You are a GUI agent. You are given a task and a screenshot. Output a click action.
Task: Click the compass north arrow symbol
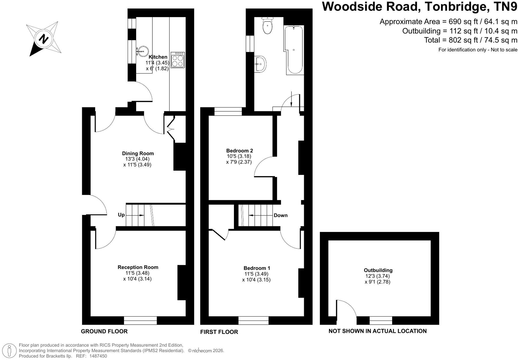pyautogui.click(x=44, y=39)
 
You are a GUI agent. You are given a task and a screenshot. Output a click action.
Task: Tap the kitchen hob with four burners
pyautogui.click(x=177, y=60)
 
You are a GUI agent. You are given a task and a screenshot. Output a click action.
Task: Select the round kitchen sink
pyautogui.click(x=143, y=51)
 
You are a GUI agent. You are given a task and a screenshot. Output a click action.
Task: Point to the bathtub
pyautogui.click(x=294, y=50)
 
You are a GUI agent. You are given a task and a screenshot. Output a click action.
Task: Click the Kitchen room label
pyautogui.click(x=158, y=57)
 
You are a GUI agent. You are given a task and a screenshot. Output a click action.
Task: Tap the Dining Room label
pyautogui.click(x=138, y=153)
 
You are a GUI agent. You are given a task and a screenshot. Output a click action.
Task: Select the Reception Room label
pyautogui.click(x=138, y=267)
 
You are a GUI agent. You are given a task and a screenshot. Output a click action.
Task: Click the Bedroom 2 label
pyautogui.click(x=239, y=151)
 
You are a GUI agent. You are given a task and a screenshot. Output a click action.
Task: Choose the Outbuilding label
pyautogui.click(x=378, y=270)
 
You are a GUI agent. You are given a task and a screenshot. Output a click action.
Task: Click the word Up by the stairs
pyautogui.click(x=121, y=215)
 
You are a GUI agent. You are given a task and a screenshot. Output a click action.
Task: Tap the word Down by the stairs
pyautogui.click(x=281, y=215)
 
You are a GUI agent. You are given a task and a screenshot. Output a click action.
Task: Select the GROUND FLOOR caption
pyautogui.click(x=104, y=331)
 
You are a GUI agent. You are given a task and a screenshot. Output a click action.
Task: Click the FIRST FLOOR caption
pyautogui.click(x=219, y=332)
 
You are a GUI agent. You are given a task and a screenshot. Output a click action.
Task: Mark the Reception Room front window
pyautogui.click(x=140, y=320)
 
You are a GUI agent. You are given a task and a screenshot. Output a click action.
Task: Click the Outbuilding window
pyautogui.click(x=381, y=320)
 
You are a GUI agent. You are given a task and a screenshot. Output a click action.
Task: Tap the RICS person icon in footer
pyautogui.click(x=10, y=350)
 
